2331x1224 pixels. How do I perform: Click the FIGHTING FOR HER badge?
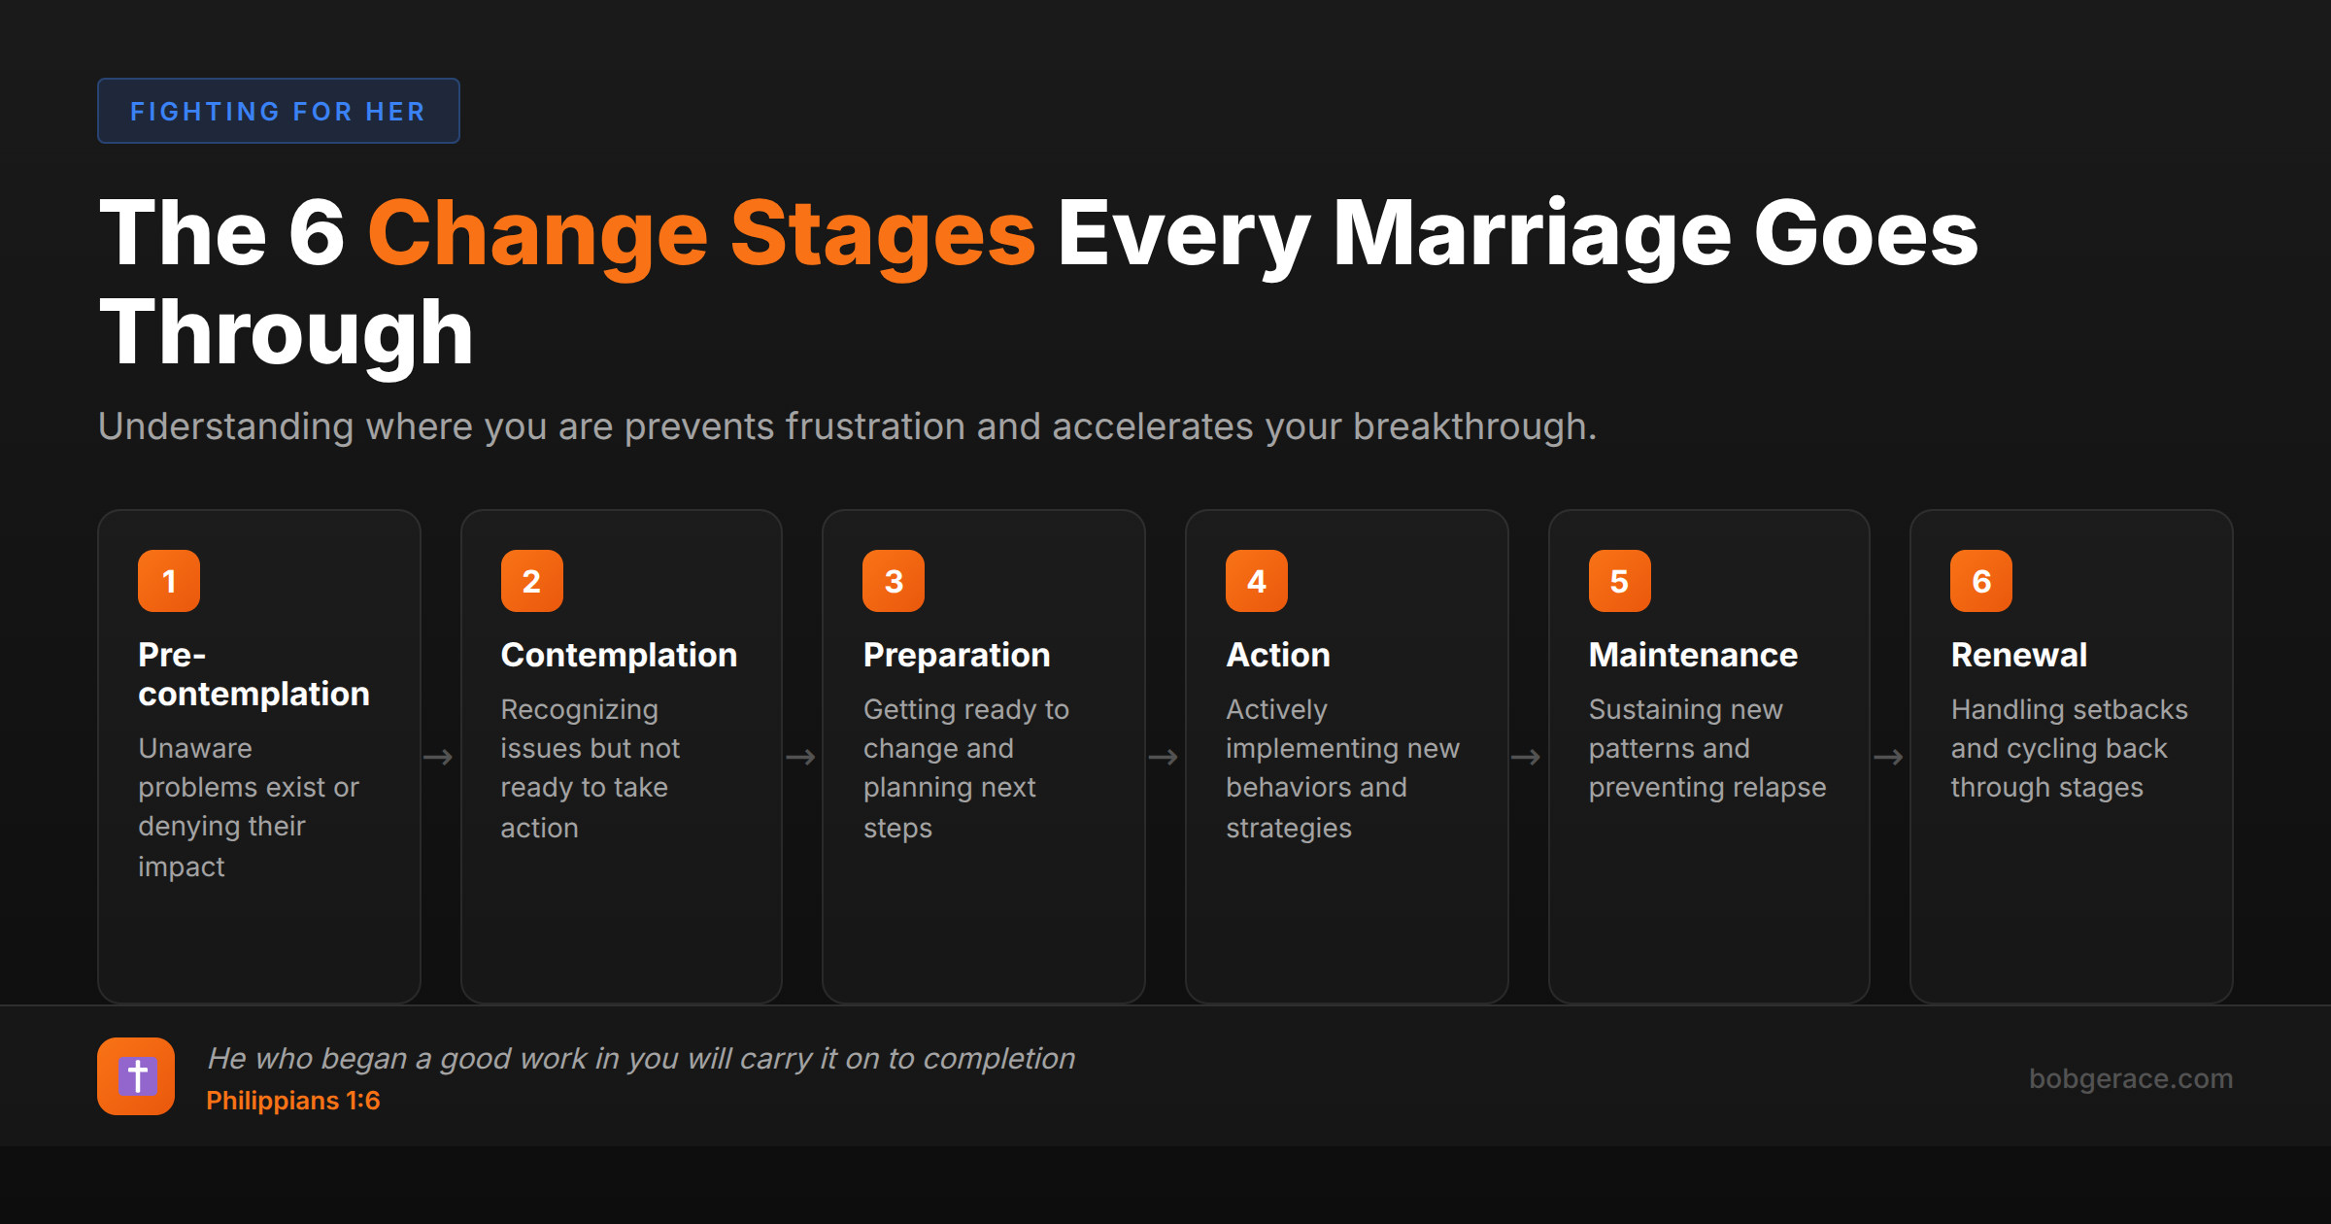point(278,112)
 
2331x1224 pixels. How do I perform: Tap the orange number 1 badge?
point(169,581)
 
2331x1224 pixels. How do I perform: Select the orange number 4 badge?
point(1256,581)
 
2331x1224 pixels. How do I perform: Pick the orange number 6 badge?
point(1980,581)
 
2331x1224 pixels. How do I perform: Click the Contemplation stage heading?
point(619,656)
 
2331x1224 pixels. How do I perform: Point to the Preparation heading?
point(957,656)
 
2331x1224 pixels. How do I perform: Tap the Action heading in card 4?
point(1277,656)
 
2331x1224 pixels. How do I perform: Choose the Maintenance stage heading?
point(1693,656)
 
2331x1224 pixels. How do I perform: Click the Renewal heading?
point(2018,656)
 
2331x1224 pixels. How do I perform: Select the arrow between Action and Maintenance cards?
point(1526,757)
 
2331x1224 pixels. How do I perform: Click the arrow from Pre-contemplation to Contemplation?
point(439,757)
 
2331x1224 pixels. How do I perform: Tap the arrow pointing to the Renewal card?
point(1888,757)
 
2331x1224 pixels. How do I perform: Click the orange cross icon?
point(136,1076)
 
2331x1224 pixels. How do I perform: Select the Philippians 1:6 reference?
point(292,1101)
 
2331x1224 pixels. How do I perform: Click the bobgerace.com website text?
point(2130,1078)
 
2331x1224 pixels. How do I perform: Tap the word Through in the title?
point(287,333)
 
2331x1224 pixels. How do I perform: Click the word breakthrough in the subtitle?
point(1473,426)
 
